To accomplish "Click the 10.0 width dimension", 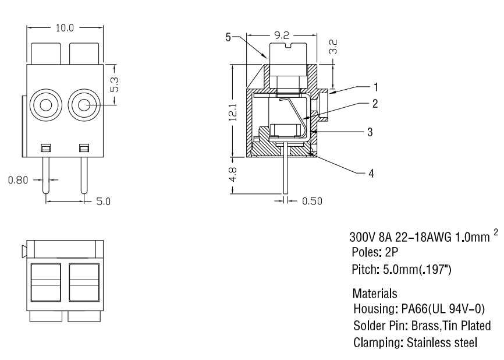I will (x=65, y=29).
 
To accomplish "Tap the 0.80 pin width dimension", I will (x=17, y=181).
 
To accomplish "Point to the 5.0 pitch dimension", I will (x=103, y=202).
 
